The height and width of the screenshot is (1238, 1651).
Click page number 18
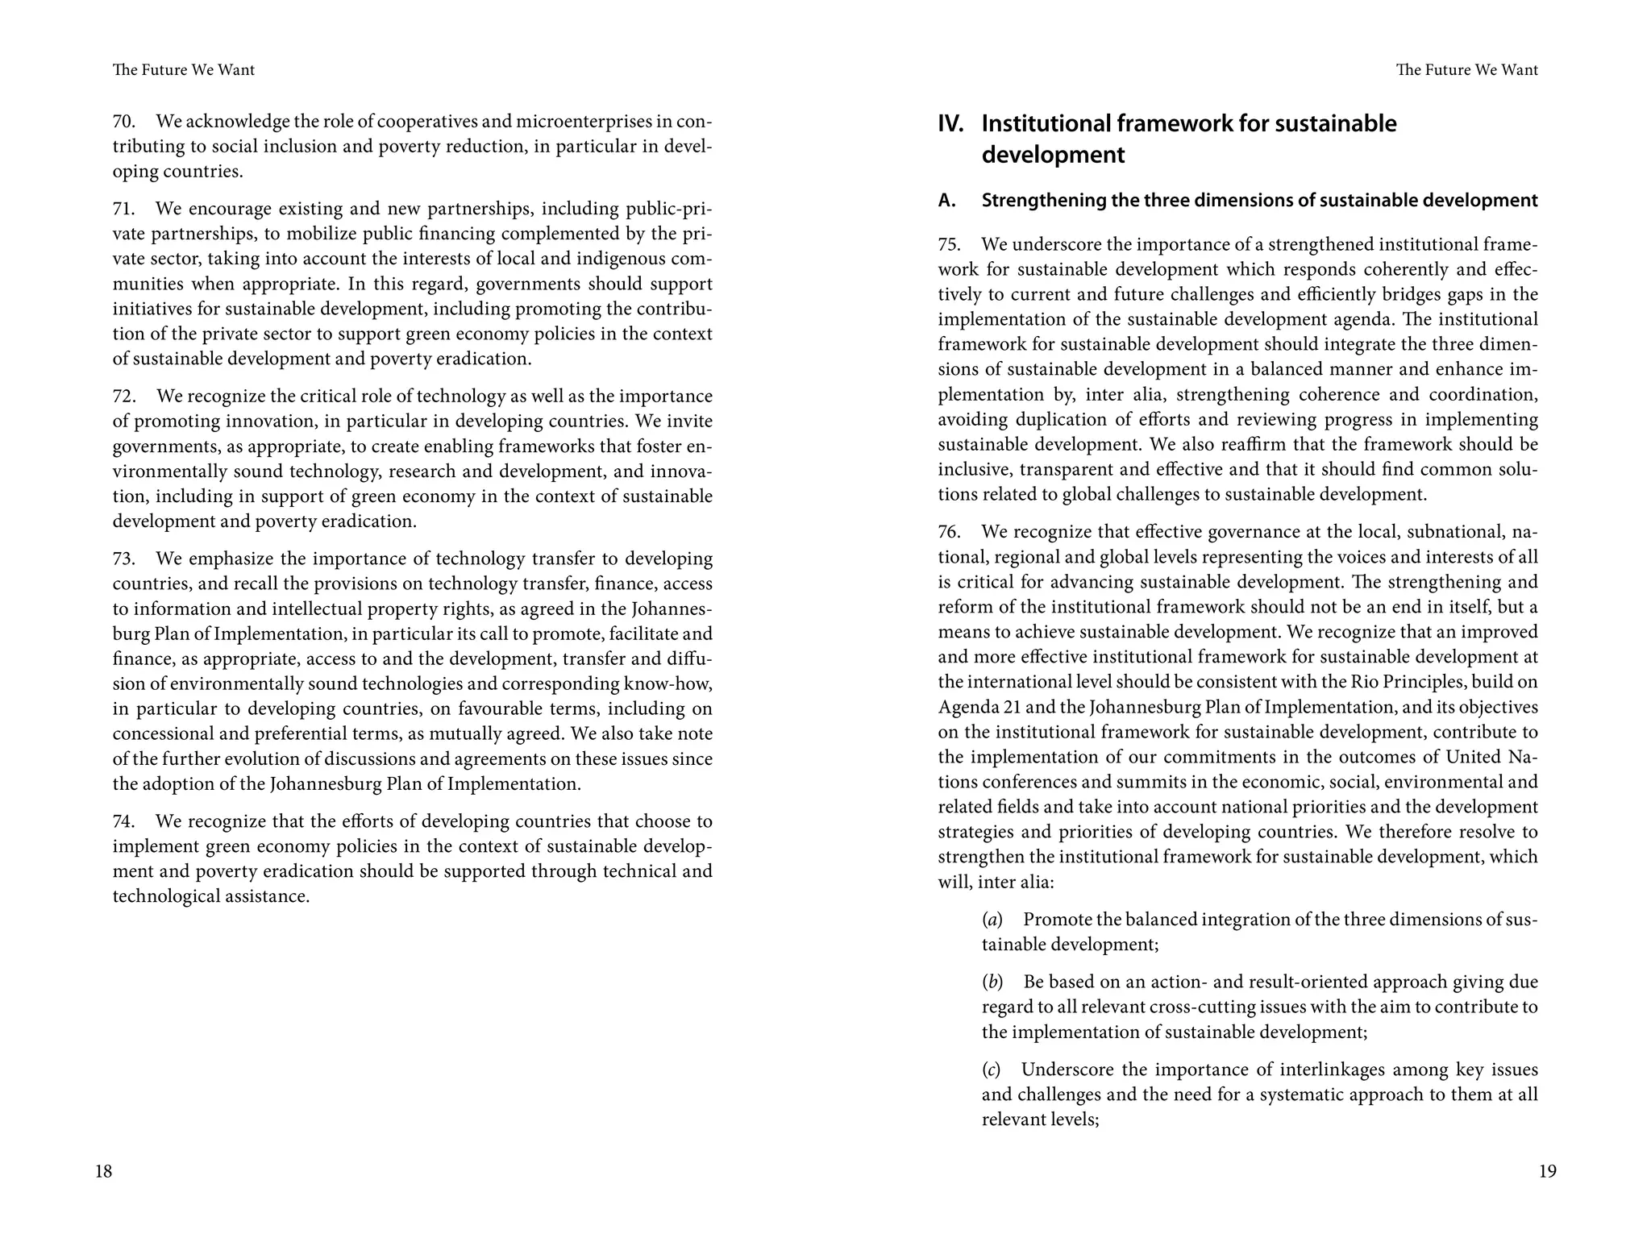[103, 1171]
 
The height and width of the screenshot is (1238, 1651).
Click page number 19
[1547, 1171]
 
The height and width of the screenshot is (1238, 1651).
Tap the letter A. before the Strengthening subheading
[946, 201]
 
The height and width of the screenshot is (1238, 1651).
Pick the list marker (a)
[992, 920]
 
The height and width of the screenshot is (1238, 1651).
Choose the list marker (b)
[992, 983]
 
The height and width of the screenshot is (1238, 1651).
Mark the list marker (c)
[991, 1070]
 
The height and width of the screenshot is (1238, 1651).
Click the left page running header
[184, 70]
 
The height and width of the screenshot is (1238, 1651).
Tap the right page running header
[1466, 70]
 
